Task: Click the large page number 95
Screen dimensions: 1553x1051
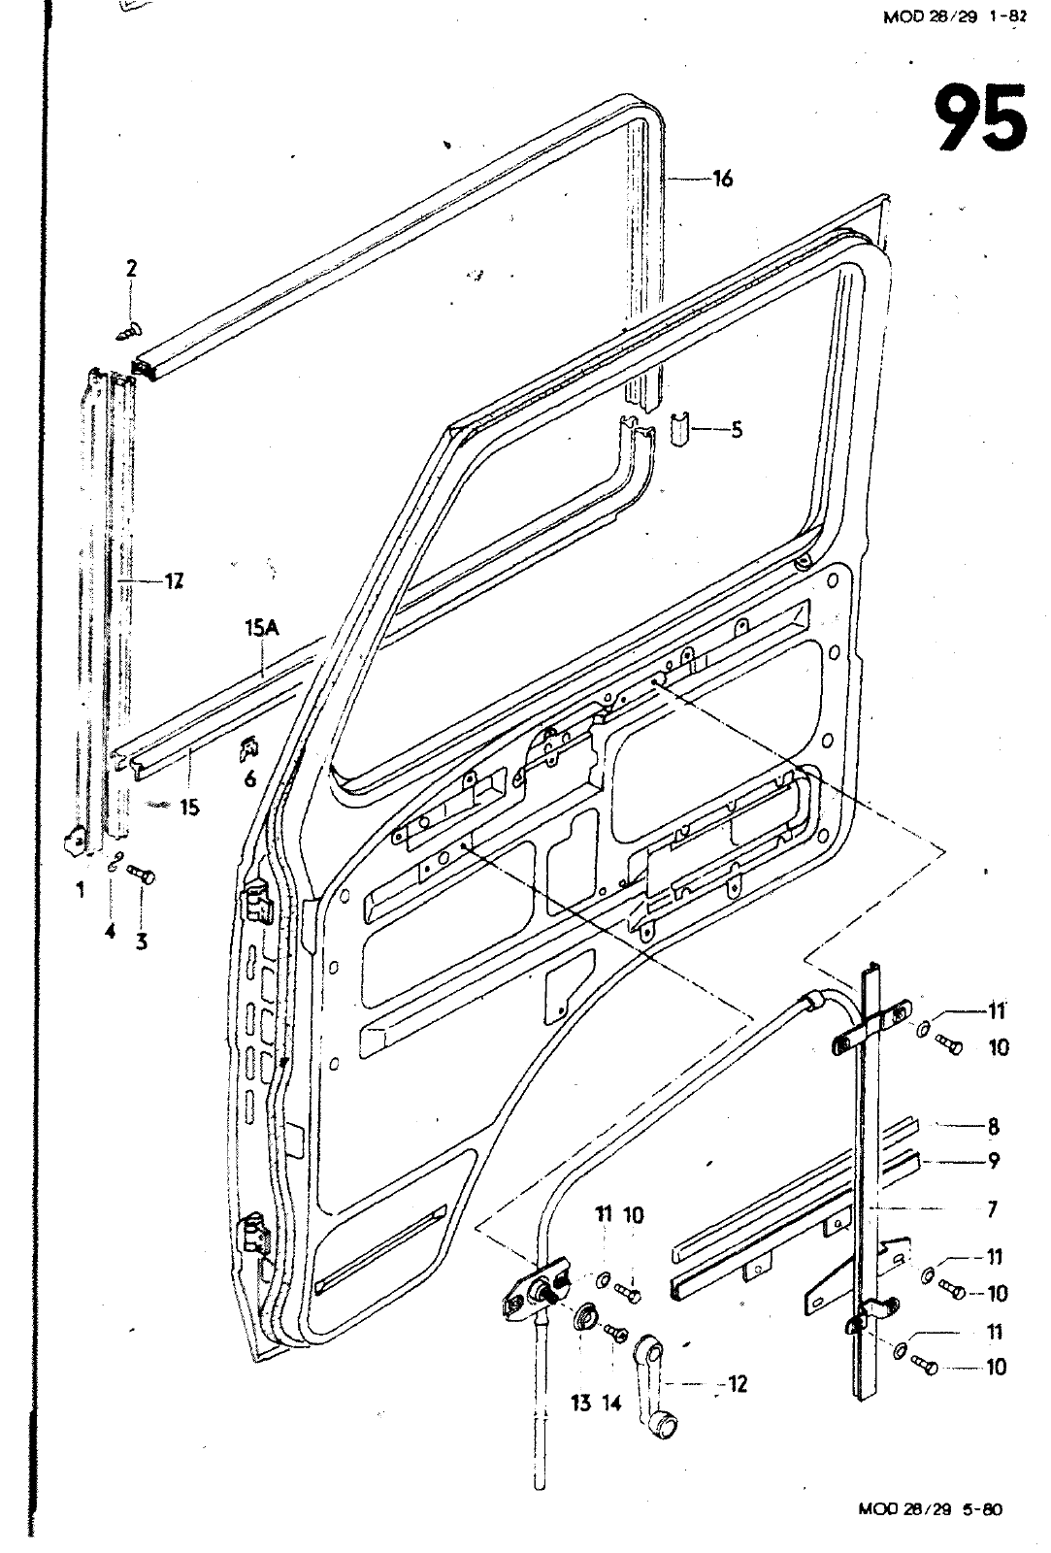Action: click(980, 117)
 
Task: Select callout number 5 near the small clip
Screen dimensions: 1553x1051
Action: click(737, 429)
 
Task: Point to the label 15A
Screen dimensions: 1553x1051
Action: click(261, 629)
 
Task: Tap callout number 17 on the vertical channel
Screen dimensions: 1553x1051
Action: click(174, 581)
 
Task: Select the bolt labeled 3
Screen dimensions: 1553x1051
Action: click(142, 876)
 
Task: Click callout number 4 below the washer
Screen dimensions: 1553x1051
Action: click(111, 931)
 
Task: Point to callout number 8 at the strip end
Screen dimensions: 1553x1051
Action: click(993, 1127)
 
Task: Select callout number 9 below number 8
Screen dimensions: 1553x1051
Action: click(993, 1160)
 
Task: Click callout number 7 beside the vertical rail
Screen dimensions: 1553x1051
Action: click(991, 1209)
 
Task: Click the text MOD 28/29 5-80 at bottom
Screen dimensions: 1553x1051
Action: click(930, 1509)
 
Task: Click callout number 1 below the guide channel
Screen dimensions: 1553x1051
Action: click(81, 889)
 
